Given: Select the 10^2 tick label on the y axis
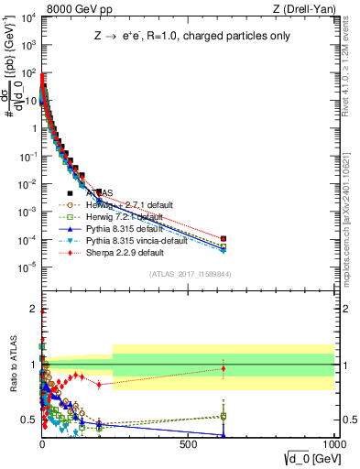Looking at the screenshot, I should [27, 73].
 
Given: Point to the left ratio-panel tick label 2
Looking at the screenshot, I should [32, 309].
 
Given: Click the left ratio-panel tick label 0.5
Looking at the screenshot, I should [28, 420].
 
